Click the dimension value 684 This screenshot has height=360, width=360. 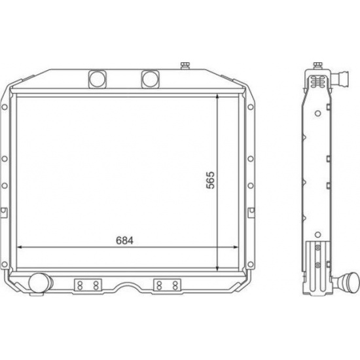click(124, 240)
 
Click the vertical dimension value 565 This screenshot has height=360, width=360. click(210, 180)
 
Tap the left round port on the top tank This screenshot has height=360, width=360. click(98, 79)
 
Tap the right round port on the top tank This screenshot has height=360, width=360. click(150, 79)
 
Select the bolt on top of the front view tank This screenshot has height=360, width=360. click(185, 65)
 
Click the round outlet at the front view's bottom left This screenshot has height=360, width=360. click(39, 283)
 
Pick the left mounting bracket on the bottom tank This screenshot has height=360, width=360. click(88, 285)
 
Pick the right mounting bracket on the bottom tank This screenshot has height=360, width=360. click(167, 285)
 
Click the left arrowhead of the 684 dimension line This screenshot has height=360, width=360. click(20, 247)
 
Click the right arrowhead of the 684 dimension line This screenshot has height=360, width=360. click(236, 247)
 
